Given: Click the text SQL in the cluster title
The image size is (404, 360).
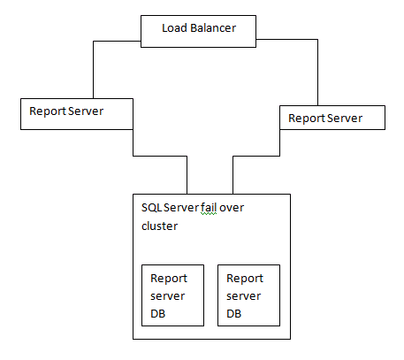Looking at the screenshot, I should pyautogui.click(x=151, y=207).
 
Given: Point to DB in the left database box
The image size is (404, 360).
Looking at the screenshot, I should pyautogui.click(x=158, y=312).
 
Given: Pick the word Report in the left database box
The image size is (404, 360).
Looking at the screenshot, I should pyautogui.click(x=169, y=278).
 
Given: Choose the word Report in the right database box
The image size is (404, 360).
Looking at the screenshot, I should pyautogui.click(x=245, y=278).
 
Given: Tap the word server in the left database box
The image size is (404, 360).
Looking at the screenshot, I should pyautogui.click(x=167, y=295).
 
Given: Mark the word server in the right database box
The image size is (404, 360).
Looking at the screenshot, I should pyautogui.click(x=243, y=295).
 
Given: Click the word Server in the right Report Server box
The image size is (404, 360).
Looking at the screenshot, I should pyautogui.click(x=344, y=116).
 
